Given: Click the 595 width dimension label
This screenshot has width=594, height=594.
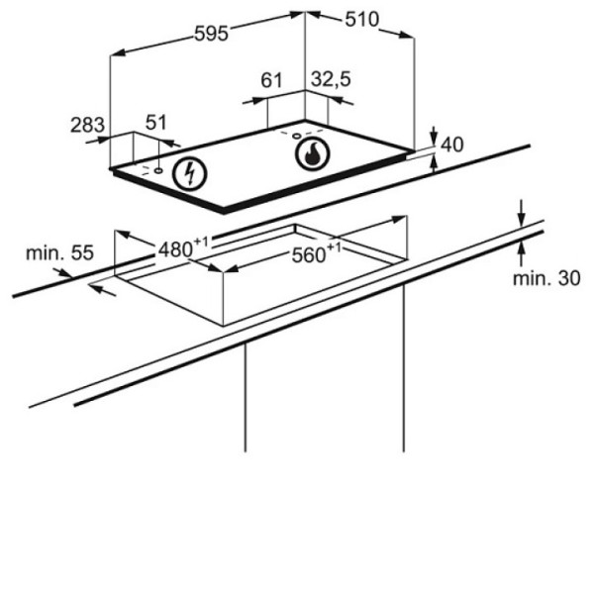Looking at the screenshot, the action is pyautogui.click(x=212, y=34).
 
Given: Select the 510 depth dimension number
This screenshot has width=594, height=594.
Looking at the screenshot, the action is pyautogui.click(x=361, y=20).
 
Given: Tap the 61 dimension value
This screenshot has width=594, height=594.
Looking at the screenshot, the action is pyautogui.click(x=271, y=80).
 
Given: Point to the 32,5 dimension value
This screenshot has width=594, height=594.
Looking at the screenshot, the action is pyautogui.click(x=331, y=79).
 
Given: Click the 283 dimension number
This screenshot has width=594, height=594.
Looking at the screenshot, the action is pyautogui.click(x=87, y=125).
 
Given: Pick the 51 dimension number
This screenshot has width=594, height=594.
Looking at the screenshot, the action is pyautogui.click(x=156, y=123).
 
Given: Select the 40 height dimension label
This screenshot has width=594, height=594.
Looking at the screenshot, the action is pyautogui.click(x=452, y=145).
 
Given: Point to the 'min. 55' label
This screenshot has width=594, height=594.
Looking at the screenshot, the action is pyautogui.click(x=59, y=252).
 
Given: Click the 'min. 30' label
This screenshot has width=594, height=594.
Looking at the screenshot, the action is pyautogui.click(x=546, y=278).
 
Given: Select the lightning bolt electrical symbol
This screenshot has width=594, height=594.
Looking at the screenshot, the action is pyautogui.click(x=189, y=174).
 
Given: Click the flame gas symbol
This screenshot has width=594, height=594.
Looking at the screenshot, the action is pyautogui.click(x=313, y=153).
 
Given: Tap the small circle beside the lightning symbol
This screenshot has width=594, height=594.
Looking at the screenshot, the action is pyautogui.click(x=158, y=170).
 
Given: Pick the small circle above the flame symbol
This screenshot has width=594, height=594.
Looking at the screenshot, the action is pyautogui.click(x=297, y=136).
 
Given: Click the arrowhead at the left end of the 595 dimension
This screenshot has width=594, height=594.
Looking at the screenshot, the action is pyautogui.click(x=119, y=52).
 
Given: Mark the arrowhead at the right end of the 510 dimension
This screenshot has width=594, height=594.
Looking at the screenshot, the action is pyautogui.click(x=407, y=35).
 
